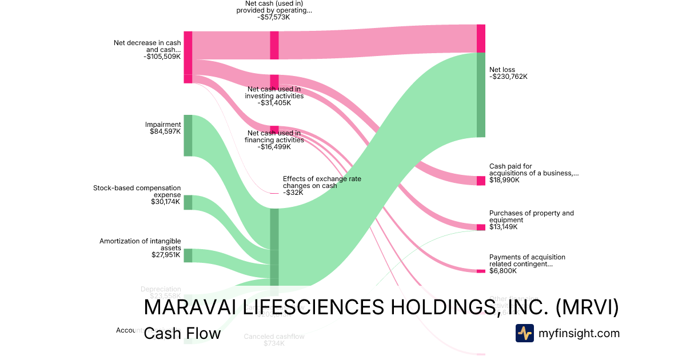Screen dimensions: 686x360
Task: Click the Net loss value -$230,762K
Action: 508,77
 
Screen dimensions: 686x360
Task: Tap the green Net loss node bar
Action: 481,95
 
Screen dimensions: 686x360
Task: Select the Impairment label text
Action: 163,125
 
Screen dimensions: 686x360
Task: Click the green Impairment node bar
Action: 188,135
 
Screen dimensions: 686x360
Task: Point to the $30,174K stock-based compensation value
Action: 165,202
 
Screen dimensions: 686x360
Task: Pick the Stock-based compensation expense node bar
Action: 188,202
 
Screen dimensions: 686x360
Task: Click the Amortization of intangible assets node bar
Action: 188,255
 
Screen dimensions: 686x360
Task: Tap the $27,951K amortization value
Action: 165,255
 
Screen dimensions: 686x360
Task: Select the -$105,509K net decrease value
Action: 162,57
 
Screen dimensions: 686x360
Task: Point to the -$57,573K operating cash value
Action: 274,17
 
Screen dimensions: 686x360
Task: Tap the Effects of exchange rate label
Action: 322,182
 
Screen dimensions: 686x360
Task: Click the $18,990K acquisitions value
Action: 504,180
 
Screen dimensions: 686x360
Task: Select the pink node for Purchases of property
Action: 481,227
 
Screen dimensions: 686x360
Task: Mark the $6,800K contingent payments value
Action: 503,271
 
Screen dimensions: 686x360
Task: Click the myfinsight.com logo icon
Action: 524,333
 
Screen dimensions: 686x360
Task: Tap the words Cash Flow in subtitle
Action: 182,333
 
